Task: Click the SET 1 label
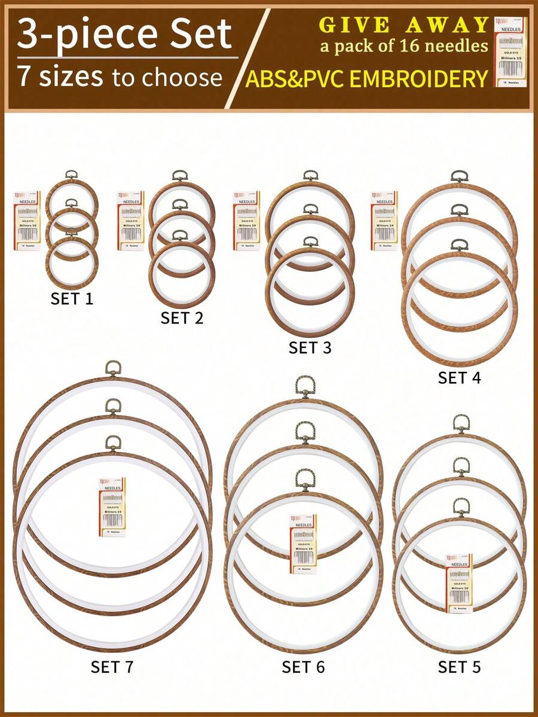[72, 298]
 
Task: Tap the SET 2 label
[182, 318]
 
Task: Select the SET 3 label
[310, 347]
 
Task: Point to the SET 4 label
[459, 377]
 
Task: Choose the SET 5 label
[459, 667]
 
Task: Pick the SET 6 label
[303, 667]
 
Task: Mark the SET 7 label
[112, 667]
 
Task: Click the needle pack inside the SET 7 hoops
[112, 507]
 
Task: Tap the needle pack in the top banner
[511, 52]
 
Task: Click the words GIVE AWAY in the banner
[404, 25]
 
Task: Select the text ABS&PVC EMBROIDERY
[366, 78]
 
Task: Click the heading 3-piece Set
[124, 34]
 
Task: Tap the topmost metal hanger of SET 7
[113, 368]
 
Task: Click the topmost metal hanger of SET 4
[459, 176]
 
